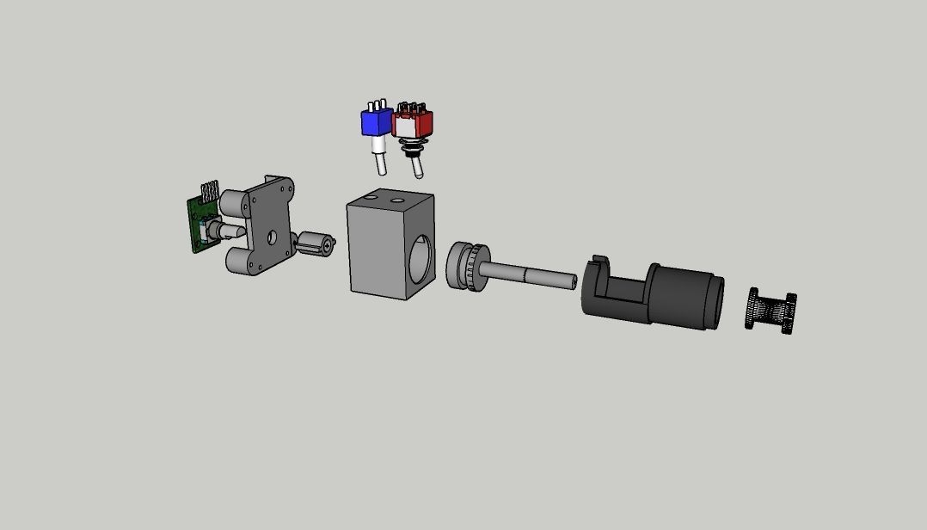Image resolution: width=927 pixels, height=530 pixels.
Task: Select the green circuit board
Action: pos(200,225)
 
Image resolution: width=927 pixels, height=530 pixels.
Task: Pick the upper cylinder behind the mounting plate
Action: pos(234,203)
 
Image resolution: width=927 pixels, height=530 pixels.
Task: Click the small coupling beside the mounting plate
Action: pos(315,244)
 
